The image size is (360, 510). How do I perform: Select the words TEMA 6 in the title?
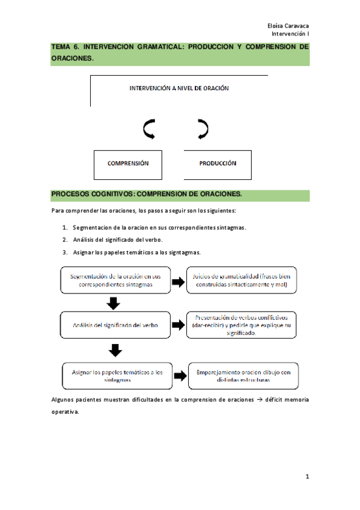click(x=65, y=46)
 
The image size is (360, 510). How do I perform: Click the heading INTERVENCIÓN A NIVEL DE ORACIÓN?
click(x=179, y=88)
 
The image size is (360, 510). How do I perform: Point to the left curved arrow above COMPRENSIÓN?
click(x=148, y=128)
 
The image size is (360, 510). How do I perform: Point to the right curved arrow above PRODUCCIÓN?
click(x=203, y=128)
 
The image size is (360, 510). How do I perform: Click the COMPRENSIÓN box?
click(x=127, y=164)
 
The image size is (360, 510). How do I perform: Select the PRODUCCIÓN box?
click(x=217, y=164)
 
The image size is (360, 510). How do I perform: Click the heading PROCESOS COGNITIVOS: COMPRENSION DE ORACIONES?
click(x=146, y=194)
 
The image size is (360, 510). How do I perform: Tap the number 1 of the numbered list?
click(x=65, y=228)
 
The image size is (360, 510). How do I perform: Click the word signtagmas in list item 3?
click(x=183, y=252)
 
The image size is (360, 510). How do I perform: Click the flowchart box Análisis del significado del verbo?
click(x=116, y=325)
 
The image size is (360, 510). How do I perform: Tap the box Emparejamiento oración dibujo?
click(x=243, y=376)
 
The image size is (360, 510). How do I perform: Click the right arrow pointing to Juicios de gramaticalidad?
click(x=178, y=281)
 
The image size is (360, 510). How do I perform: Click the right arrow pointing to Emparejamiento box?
click(x=180, y=376)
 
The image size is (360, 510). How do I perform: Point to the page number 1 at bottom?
click(x=307, y=477)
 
